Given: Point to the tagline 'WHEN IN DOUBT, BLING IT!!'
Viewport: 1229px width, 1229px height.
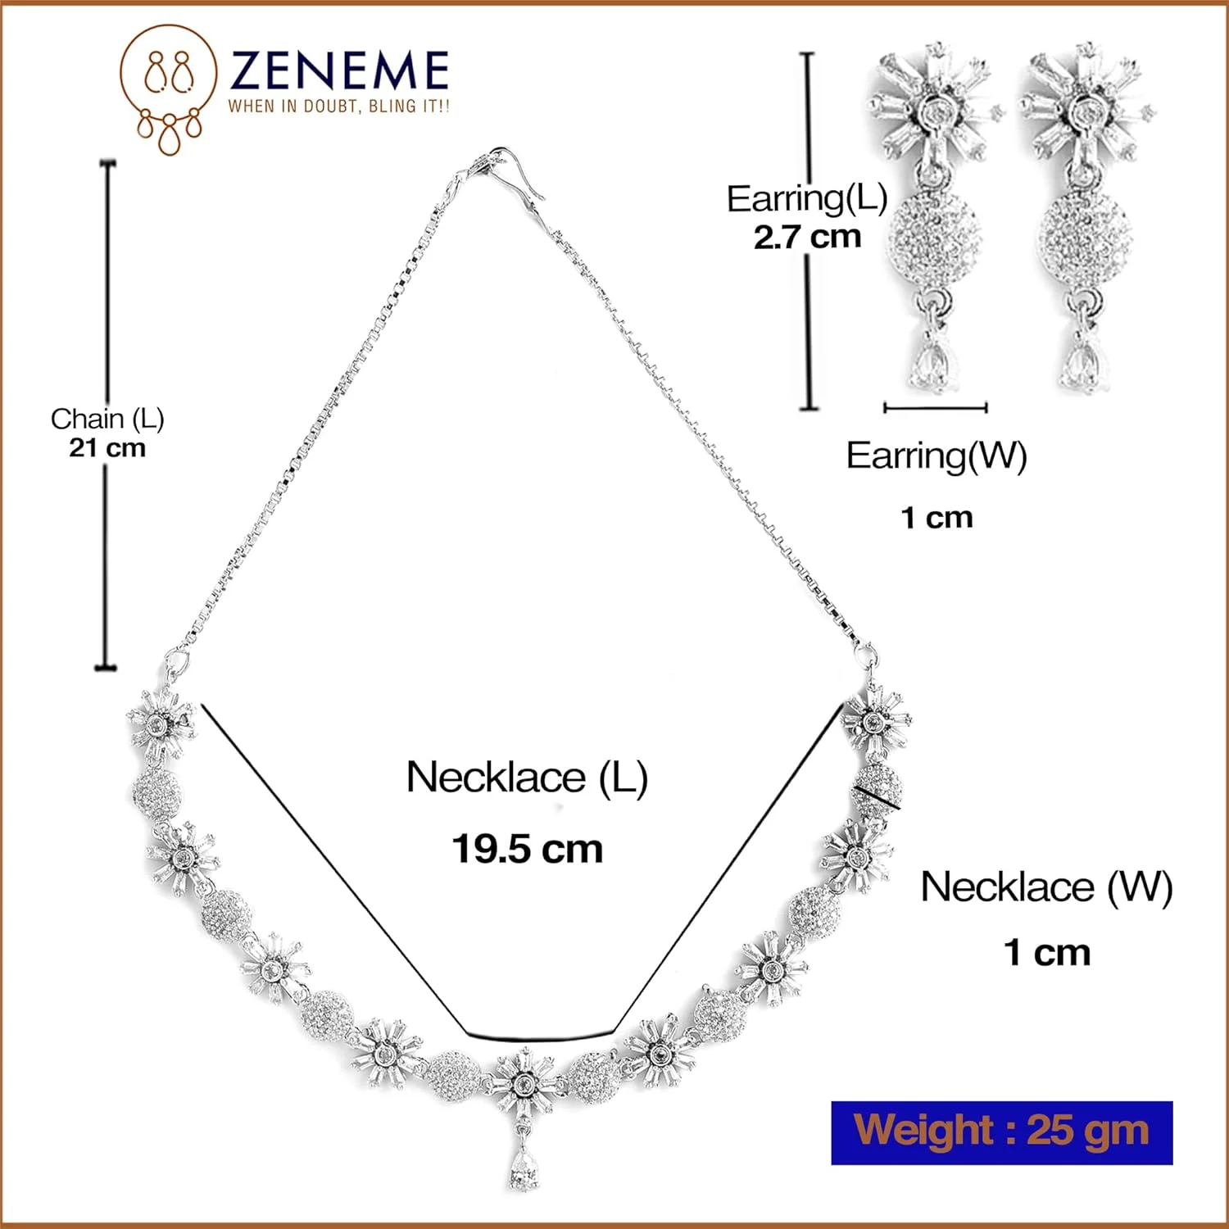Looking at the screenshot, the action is (x=338, y=106).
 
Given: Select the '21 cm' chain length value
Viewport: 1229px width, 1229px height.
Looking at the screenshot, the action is (x=107, y=448).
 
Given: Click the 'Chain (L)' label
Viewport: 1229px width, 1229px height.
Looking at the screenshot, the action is (x=107, y=419).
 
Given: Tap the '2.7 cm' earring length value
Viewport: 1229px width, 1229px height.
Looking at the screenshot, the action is (x=808, y=237).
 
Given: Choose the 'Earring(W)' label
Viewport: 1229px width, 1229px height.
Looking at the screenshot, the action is (x=936, y=456).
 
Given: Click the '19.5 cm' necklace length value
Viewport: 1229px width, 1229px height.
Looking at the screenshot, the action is (x=528, y=849).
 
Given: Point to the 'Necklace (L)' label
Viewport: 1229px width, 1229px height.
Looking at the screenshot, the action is (x=528, y=778).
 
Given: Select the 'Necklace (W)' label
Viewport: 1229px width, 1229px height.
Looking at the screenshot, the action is (x=1046, y=887).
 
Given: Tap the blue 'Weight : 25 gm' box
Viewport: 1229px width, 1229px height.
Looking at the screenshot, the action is (x=1002, y=1132).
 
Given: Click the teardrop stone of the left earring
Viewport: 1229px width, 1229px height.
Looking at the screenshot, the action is (x=932, y=365).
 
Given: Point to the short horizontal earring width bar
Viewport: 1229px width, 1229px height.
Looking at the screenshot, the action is (x=936, y=407).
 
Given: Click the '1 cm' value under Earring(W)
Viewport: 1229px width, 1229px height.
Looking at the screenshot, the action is (x=936, y=518).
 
